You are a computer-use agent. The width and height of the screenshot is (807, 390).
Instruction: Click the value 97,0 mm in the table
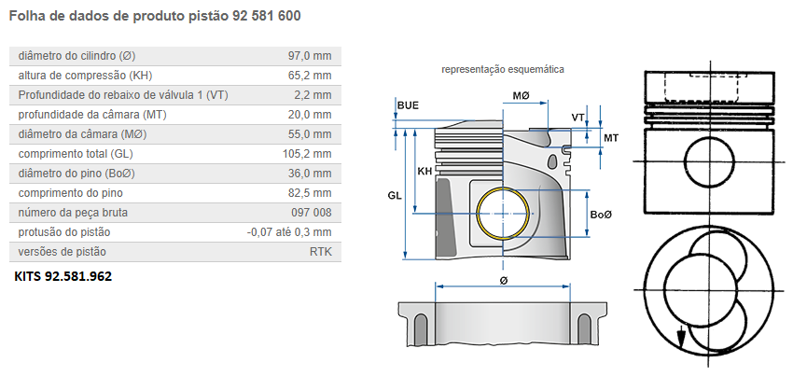(x=310, y=56)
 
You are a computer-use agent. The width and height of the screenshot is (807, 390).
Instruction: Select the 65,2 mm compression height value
(x=310, y=76)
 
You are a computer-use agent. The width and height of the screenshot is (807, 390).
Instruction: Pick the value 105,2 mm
(x=307, y=154)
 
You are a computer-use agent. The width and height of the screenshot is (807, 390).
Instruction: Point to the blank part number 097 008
(x=311, y=213)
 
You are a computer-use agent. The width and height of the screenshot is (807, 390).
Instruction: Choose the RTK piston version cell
(x=320, y=252)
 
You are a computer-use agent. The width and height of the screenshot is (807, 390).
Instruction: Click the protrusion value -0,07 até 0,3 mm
(x=289, y=232)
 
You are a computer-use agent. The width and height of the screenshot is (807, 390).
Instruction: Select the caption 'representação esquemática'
(x=502, y=69)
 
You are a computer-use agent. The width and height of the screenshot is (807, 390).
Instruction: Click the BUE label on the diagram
(x=408, y=105)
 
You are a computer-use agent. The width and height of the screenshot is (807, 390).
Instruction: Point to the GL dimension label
(x=395, y=195)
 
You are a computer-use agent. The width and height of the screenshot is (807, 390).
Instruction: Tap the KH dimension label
(x=424, y=171)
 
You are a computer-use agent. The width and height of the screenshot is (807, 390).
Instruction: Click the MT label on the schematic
(x=611, y=138)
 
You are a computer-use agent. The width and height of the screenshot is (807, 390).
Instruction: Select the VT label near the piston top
(x=578, y=117)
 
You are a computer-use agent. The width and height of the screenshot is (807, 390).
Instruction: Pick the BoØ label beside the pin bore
(x=601, y=215)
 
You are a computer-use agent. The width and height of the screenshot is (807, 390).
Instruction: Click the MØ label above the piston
(x=521, y=96)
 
